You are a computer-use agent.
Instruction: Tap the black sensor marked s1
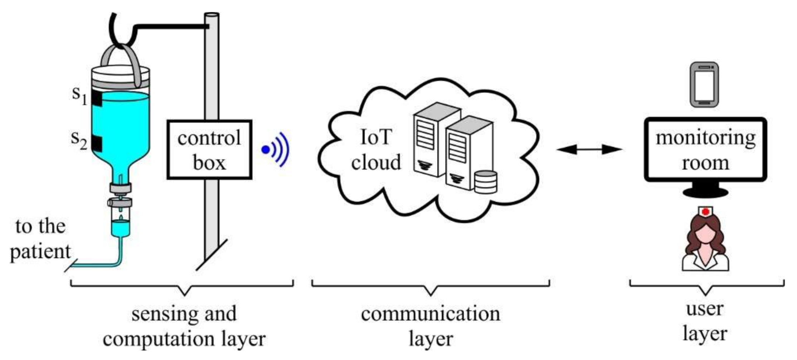click(x=97, y=98)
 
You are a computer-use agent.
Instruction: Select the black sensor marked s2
click(x=97, y=143)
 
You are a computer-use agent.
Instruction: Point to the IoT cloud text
click(x=376, y=150)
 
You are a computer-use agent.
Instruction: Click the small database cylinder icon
click(x=486, y=182)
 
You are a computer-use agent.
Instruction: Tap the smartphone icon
click(x=704, y=85)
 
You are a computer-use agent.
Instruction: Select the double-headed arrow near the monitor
click(x=589, y=149)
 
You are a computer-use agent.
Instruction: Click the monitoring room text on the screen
click(x=705, y=150)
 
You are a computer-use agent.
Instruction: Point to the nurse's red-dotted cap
click(x=705, y=212)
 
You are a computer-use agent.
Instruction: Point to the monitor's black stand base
click(x=705, y=193)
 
